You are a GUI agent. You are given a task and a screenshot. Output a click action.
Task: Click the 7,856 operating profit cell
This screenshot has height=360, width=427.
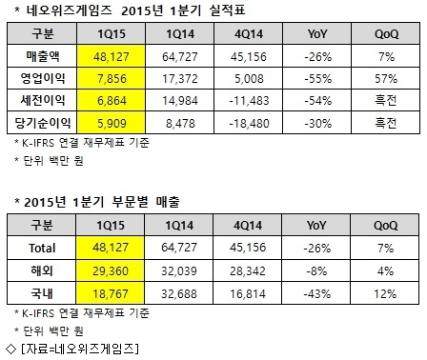click(112, 78)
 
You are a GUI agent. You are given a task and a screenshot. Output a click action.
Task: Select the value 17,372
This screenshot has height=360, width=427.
click(180, 78)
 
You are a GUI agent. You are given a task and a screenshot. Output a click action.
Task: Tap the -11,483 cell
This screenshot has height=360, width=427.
click(249, 101)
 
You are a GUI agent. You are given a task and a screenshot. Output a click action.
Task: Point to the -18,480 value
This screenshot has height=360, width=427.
click(249, 123)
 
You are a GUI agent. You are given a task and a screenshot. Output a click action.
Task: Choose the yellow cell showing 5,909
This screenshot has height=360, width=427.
click(112, 123)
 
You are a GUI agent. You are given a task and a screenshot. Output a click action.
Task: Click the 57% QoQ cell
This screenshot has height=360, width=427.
click(386, 78)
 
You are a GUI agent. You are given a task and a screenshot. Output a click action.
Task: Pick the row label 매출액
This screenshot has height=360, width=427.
click(43, 56)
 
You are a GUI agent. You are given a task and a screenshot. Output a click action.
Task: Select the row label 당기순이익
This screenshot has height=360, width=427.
click(43, 123)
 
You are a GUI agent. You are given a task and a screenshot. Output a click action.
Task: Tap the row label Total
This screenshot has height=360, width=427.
click(42, 248)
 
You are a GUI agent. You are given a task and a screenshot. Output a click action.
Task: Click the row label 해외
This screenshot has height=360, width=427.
click(42, 270)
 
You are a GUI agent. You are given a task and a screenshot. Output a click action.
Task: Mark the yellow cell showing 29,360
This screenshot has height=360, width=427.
click(111, 270)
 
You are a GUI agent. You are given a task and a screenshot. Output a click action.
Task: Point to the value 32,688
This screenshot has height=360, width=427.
click(179, 293)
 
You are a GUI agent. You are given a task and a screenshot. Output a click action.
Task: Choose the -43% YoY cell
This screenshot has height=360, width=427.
click(316, 293)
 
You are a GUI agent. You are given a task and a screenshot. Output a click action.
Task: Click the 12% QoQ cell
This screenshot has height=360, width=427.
click(385, 293)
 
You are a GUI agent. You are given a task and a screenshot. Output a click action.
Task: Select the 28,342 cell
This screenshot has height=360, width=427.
click(248, 270)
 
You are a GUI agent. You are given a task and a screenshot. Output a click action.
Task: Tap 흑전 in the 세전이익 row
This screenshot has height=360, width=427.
click(386, 101)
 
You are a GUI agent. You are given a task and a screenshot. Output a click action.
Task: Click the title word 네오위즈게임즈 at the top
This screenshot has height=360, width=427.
click(69, 10)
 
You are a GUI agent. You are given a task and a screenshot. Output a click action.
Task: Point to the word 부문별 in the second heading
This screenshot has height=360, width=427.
click(130, 202)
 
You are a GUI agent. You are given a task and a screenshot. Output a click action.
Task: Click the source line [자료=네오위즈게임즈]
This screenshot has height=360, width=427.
click(79, 349)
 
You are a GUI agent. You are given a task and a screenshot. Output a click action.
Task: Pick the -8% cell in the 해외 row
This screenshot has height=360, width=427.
click(316, 270)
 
